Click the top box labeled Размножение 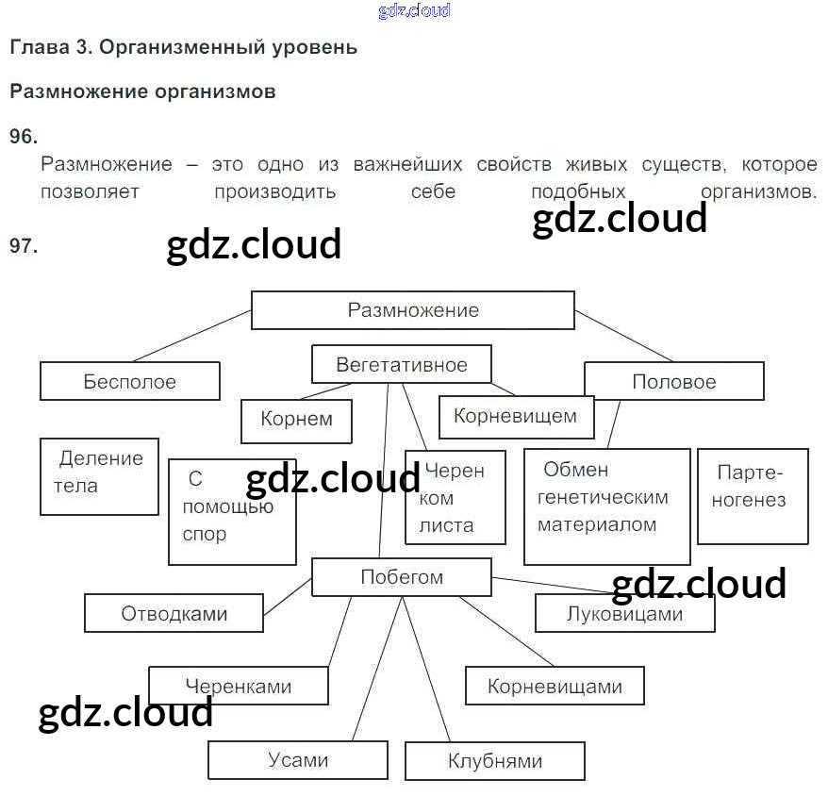point(412,310)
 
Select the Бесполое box point(130,382)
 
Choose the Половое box point(673,382)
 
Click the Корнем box point(296,421)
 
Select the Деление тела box point(100,475)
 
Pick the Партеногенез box point(752,496)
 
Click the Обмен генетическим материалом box point(605,506)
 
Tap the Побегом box point(401,577)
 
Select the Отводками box point(174,614)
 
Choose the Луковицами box point(624,614)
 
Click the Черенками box point(239,687)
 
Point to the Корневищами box point(555,687)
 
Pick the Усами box point(297,760)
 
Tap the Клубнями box point(494,761)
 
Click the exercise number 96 point(23,138)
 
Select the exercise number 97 point(23,246)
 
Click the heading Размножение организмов point(142,91)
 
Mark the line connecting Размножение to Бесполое point(193,335)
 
